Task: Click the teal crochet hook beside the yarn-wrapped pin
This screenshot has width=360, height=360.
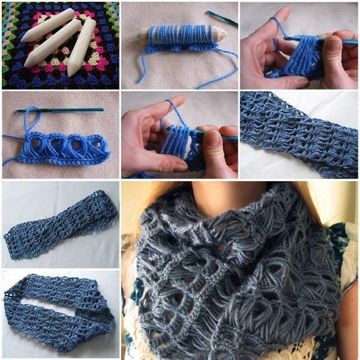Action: (x=221, y=17)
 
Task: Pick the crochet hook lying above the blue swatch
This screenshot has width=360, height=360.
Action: (x=60, y=110)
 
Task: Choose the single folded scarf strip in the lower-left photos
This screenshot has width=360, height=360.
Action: (x=60, y=225)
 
